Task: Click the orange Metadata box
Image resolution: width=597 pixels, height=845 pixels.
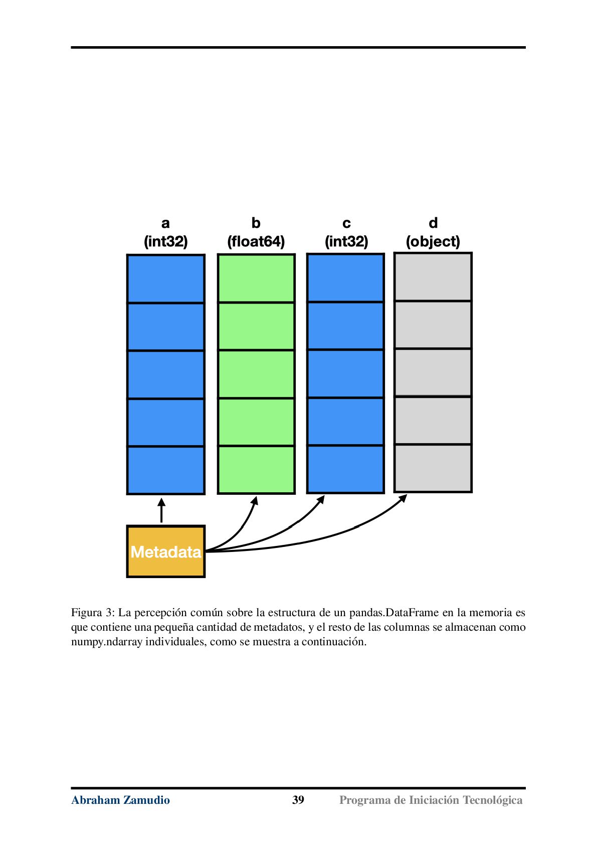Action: (x=166, y=551)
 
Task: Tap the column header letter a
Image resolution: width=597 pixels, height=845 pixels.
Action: (x=165, y=223)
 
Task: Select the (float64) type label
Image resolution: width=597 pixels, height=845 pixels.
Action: (x=256, y=241)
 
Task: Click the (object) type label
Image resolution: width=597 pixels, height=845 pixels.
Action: (x=433, y=241)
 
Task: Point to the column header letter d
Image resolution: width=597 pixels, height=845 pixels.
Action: (x=434, y=223)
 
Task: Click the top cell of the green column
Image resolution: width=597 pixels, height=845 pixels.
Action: (x=256, y=278)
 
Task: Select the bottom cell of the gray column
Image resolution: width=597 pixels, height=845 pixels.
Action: (x=433, y=468)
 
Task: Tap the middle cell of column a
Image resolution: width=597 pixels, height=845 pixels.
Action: (x=166, y=374)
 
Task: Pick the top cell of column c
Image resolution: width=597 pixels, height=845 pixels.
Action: (x=345, y=277)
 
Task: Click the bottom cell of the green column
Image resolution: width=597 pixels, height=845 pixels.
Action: (x=256, y=470)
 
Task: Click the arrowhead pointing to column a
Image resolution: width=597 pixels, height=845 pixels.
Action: (x=161, y=502)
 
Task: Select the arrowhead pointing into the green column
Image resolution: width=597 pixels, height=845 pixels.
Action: (x=255, y=501)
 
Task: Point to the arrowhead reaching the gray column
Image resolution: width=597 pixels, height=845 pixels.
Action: (x=403, y=498)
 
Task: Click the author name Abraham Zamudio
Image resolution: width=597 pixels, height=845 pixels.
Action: (x=121, y=800)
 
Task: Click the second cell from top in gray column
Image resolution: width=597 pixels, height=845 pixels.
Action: (x=433, y=325)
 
